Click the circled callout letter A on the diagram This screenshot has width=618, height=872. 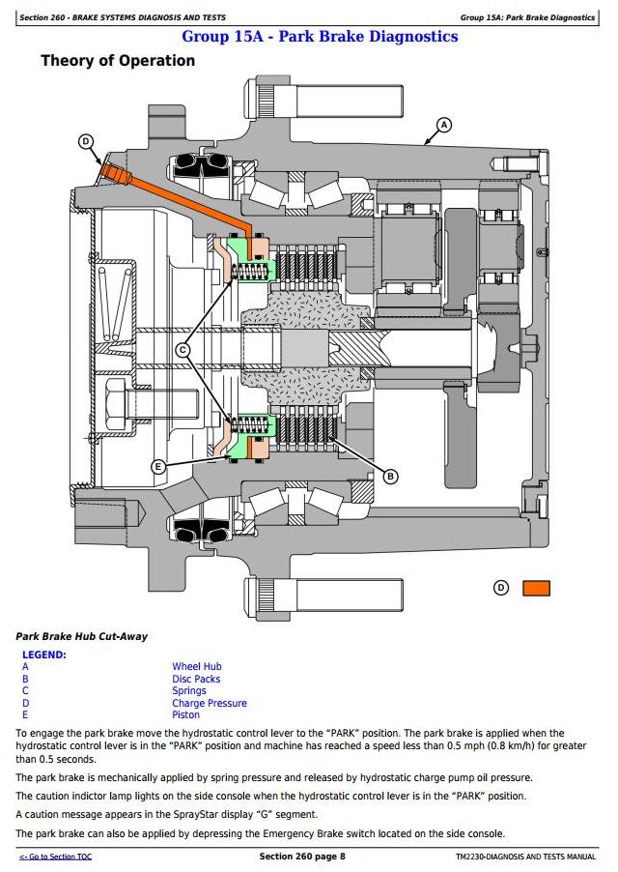[x=444, y=124]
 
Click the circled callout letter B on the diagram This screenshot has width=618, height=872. [x=391, y=476]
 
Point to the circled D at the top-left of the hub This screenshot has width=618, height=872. [x=86, y=141]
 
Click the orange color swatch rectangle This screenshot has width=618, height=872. [x=536, y=588]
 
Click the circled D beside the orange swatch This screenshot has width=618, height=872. [x=500, y=588]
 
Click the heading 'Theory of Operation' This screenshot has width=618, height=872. [x=117, y=61]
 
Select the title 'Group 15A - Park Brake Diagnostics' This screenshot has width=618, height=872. [x=320, y=37]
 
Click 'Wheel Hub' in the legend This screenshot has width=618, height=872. [x=197, y=666]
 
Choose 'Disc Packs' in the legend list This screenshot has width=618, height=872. [x=196, y=679]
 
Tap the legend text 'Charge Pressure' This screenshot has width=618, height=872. [x=210, y=703]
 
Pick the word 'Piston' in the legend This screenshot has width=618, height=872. [x=186, y=715]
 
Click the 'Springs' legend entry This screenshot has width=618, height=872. [x=189, y=691]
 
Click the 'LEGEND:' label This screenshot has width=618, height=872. [x=44, y=654]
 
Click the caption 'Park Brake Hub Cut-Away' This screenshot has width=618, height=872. [x=82, y=637]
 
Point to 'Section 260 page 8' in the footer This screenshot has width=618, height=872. [x=302, y=857]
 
